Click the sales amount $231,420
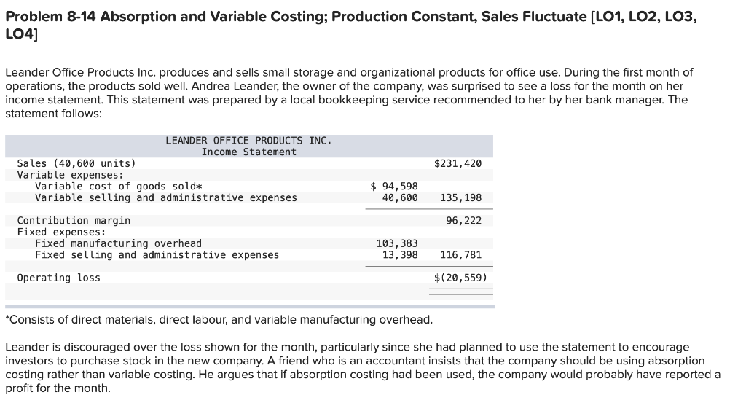458,163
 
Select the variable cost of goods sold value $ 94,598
394,187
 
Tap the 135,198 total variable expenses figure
461,197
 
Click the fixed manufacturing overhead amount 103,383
397,243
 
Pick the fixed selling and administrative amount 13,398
400,254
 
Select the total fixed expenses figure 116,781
461,254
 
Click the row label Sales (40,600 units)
76,163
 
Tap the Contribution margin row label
74,220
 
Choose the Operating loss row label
58,278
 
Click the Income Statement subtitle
248,152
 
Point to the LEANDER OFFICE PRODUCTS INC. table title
248,140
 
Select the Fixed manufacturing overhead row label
118,243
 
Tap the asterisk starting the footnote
7,319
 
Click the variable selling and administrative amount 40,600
400,197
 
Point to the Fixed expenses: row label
61,232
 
